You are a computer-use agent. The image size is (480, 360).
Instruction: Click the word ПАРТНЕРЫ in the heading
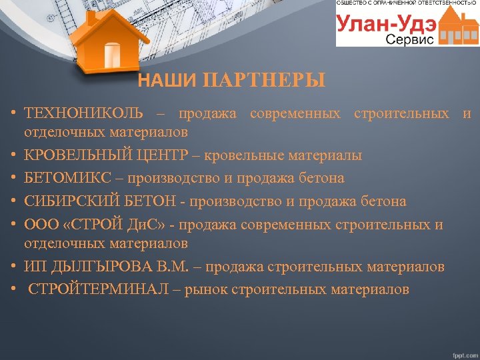click(265, 81)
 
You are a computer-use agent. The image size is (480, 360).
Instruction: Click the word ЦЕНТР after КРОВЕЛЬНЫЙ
click(168, 156)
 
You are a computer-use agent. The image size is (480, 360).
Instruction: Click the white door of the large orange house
click(111, 53)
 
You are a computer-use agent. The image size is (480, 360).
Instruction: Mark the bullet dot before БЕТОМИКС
click(13, 179)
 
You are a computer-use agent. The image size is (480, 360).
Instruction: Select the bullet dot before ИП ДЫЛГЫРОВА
click(13, 267)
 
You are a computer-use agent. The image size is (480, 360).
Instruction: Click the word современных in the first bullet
click(294, 113)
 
